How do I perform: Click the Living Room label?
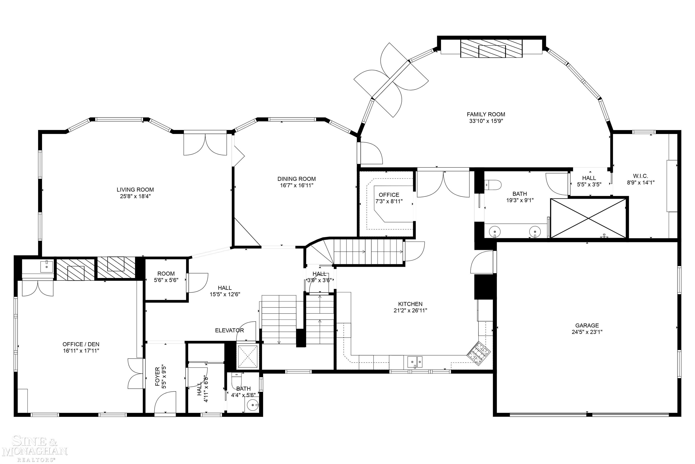(x=135, y=190)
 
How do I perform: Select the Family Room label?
(x=486, y=114)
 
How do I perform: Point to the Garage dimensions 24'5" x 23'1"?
(x=587, y=332)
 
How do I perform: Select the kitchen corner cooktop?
(x=478, y=351)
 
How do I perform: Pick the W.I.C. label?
(x=640, y=176)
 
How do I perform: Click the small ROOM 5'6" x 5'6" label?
(x=166, y=273)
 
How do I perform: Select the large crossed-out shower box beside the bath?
(x=589, y=218)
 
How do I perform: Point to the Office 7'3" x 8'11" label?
(x=389, y=195)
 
